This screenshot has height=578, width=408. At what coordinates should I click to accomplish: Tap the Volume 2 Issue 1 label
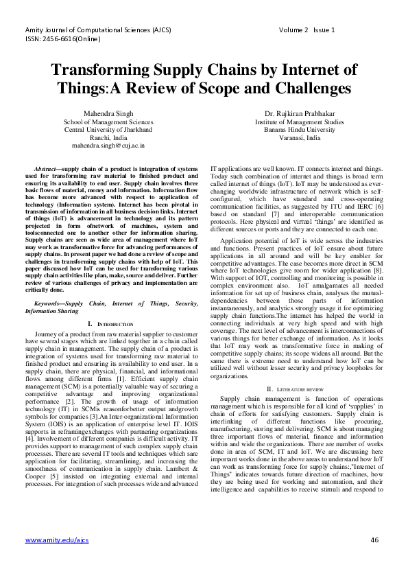tap(307, 30)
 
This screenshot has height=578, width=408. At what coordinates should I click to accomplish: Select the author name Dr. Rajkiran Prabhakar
tap(295, 113)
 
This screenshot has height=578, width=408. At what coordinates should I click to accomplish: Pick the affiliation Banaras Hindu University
tap(295, 129)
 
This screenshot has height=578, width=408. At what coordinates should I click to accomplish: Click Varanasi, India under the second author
tap(295, 137)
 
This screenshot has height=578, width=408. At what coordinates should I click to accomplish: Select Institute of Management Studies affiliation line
tap(295, 121)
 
